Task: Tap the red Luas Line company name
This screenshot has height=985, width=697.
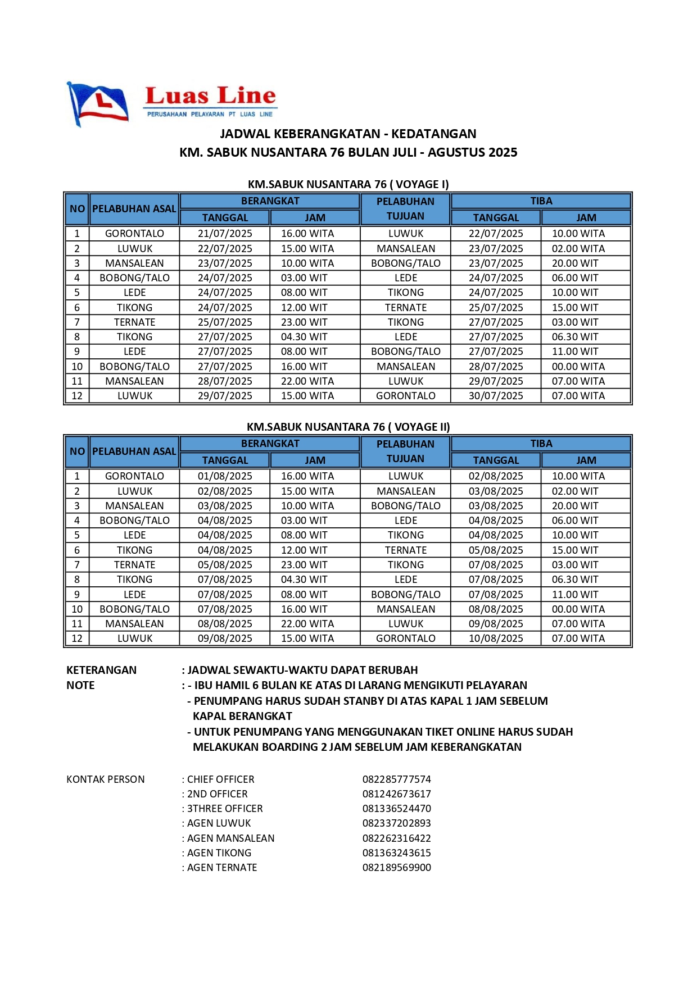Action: pyautogui.click(x=210, y=96)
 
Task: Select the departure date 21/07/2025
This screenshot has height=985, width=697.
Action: pyautogui.click(x=225, y=234)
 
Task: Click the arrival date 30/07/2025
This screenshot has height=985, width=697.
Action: pyautogui.click(x=496, y=396)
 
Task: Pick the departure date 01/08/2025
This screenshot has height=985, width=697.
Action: pyautogui.click(x=225, y=476)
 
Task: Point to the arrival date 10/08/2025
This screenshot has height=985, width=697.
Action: pyautogui.click(x=496, y=639)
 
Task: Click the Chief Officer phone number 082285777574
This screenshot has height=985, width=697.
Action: pyautogui.click(x=396, y=779)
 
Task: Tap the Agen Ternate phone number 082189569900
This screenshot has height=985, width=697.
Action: pyautogui.click(x=396, y=868)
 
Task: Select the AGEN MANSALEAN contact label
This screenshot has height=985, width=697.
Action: pyautogui.click(x=230, y=838)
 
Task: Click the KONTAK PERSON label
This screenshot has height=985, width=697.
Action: pyautogui.click(x=106, y=779)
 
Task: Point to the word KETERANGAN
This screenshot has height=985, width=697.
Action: pyautogui.click(x=101, y=670)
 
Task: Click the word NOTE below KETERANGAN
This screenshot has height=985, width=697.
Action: pyautogui.click(x=80, y=685)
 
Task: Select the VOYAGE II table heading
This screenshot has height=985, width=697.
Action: pyautogui.click(x=348, y=427)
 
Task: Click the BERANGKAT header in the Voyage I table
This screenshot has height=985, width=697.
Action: pyautogui.click(x=270, y=201)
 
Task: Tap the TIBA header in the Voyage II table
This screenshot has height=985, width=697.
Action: pyautogui.click(x=541, y=444)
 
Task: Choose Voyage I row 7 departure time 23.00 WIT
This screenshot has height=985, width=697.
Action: pyautogui.click(x=304, y=322)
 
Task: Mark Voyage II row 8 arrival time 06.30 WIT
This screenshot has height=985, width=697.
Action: pyautogui.click(x=575, y=580)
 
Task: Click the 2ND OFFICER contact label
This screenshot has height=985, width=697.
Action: pyautogui.click(x=217, y=794)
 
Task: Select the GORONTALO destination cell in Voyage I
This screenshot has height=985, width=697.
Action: pyautogui.click(x=405, y=396)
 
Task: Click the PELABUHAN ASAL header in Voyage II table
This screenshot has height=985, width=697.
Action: pyautogui.click(x=134, y=452)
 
